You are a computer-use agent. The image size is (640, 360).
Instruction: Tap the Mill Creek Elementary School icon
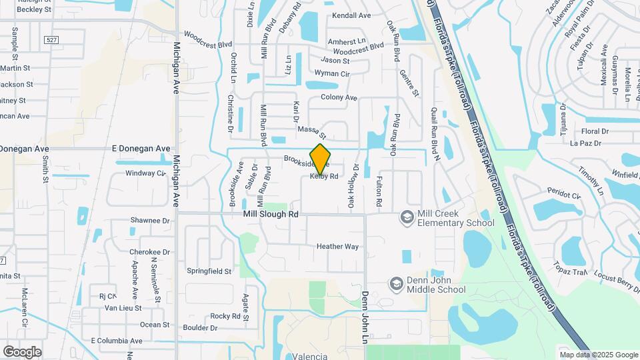pyautogui.click(x=407, y=217)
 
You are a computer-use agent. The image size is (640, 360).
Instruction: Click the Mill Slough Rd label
pyautogui.click(x=271, y=214)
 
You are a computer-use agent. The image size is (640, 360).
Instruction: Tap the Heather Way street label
pyautogui.click(x=337, y=246)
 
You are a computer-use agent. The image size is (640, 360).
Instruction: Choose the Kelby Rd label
pyautogui.click(x=325, y=177)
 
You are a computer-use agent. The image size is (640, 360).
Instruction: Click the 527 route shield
pyautogui.click(x=51, y=40)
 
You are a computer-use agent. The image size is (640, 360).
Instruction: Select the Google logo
pyautogui.click(x=22, y=351)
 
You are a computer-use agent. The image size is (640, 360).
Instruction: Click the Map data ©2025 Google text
pyautogui.click(x=598, y=355)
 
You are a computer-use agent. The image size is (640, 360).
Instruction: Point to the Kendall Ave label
pyautogui.click(x=351, y=15)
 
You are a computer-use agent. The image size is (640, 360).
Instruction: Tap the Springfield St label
pyautogui.click(x=209, y=271)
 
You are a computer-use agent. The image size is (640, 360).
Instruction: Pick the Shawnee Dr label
pyautogui.click(x=150, y=220)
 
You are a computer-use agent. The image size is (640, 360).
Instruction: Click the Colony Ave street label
pyautogui.click(x=339, y=97)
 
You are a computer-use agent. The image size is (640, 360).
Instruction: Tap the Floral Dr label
pyautogui.click(x=595, y=131)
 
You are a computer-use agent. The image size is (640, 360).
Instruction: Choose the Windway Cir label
pyautogui.click(x=145, y=173)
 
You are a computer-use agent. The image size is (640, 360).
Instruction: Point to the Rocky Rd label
pyautogui.click(x=225, y=316)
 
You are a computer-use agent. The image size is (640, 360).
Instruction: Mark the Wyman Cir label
pyautogui.click(x=332, y=73)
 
